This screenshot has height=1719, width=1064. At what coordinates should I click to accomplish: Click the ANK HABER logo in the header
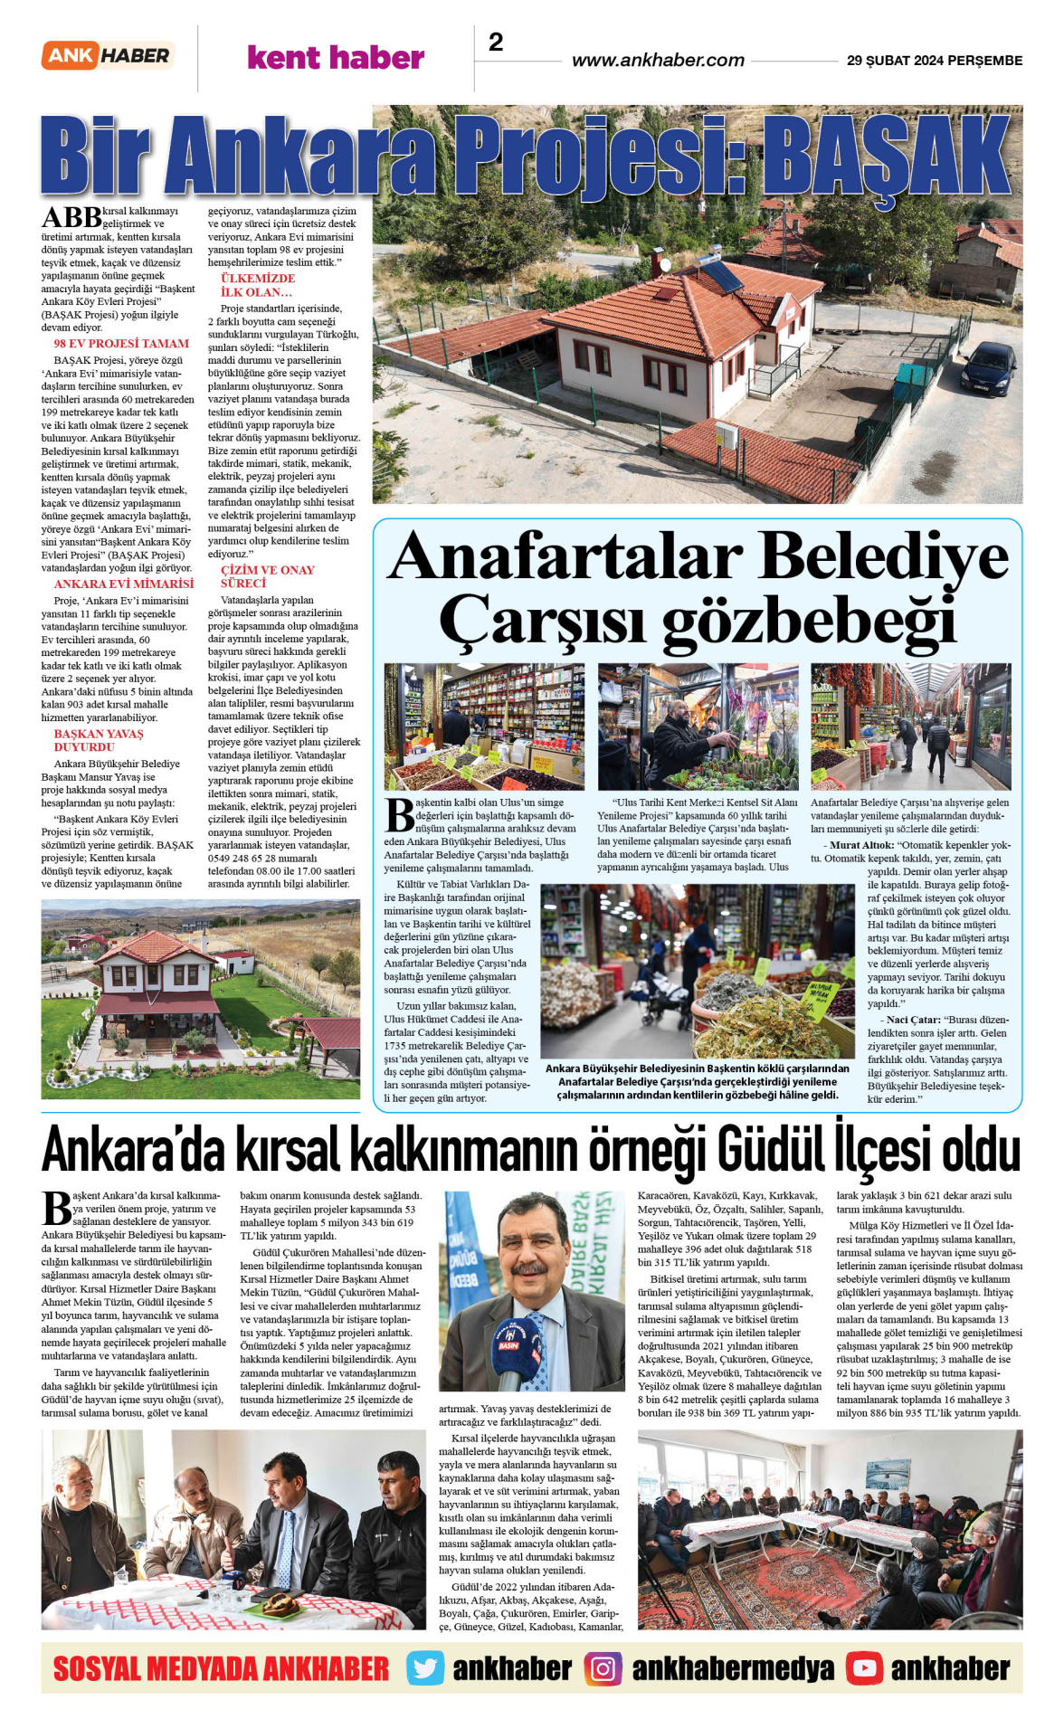(x=108, y=56)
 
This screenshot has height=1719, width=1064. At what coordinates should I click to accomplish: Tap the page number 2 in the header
(x=496, y=42)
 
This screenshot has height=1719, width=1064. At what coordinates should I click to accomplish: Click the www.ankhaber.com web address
(x=658, y=61)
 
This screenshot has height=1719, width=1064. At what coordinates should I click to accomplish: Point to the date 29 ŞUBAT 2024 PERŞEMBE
(x=934, y=61)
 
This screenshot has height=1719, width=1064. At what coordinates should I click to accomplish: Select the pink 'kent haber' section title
(x=336, y=58)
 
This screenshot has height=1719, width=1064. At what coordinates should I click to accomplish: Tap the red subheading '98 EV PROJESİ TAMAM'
(x=121, y=344)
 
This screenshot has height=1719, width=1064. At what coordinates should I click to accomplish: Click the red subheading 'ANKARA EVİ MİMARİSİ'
(x=124, y=584)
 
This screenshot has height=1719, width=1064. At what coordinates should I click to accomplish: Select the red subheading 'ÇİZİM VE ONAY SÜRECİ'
(x=268, y=577)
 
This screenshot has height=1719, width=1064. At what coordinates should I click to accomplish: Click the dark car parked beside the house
(x=987, y=367)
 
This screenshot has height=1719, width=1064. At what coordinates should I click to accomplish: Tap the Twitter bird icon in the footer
(x=424, y=1668)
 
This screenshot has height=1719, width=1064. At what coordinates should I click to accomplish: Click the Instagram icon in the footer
(x=603, y=1668)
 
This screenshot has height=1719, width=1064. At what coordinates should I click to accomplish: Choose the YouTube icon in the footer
(x=864, y=1668)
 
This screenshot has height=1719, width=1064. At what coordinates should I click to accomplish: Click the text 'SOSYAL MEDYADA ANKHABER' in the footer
(x=221, y=1668)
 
